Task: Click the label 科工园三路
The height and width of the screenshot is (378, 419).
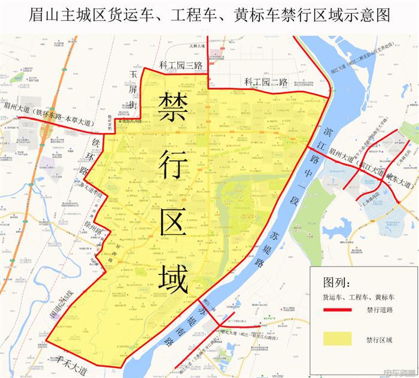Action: tap(182, 65)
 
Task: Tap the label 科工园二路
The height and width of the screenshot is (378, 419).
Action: tap(266, 82)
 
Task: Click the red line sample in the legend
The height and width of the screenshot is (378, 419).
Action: tap(336, 310)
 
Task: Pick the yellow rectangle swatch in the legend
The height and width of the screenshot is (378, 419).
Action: tap(336, 338)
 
